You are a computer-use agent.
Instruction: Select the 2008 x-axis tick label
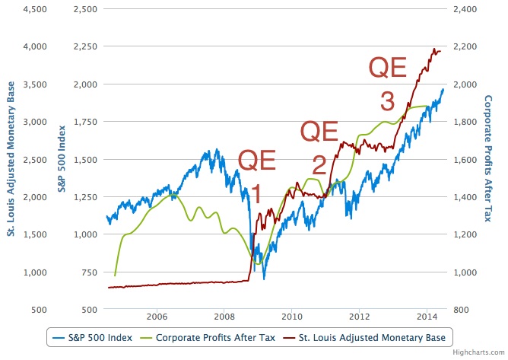224,317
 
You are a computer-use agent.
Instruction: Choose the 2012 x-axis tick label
359,317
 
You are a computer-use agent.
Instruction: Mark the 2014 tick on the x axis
427,317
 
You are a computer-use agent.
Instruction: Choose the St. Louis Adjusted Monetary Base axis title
11,158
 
